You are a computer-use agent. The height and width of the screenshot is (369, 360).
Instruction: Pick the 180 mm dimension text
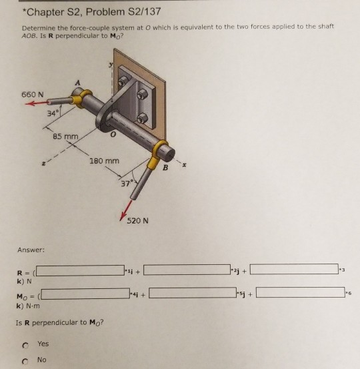[104, 161]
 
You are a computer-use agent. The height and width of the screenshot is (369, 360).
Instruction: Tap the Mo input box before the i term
[85, 292]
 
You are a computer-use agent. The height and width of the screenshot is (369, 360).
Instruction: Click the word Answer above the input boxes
[31, 250]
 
